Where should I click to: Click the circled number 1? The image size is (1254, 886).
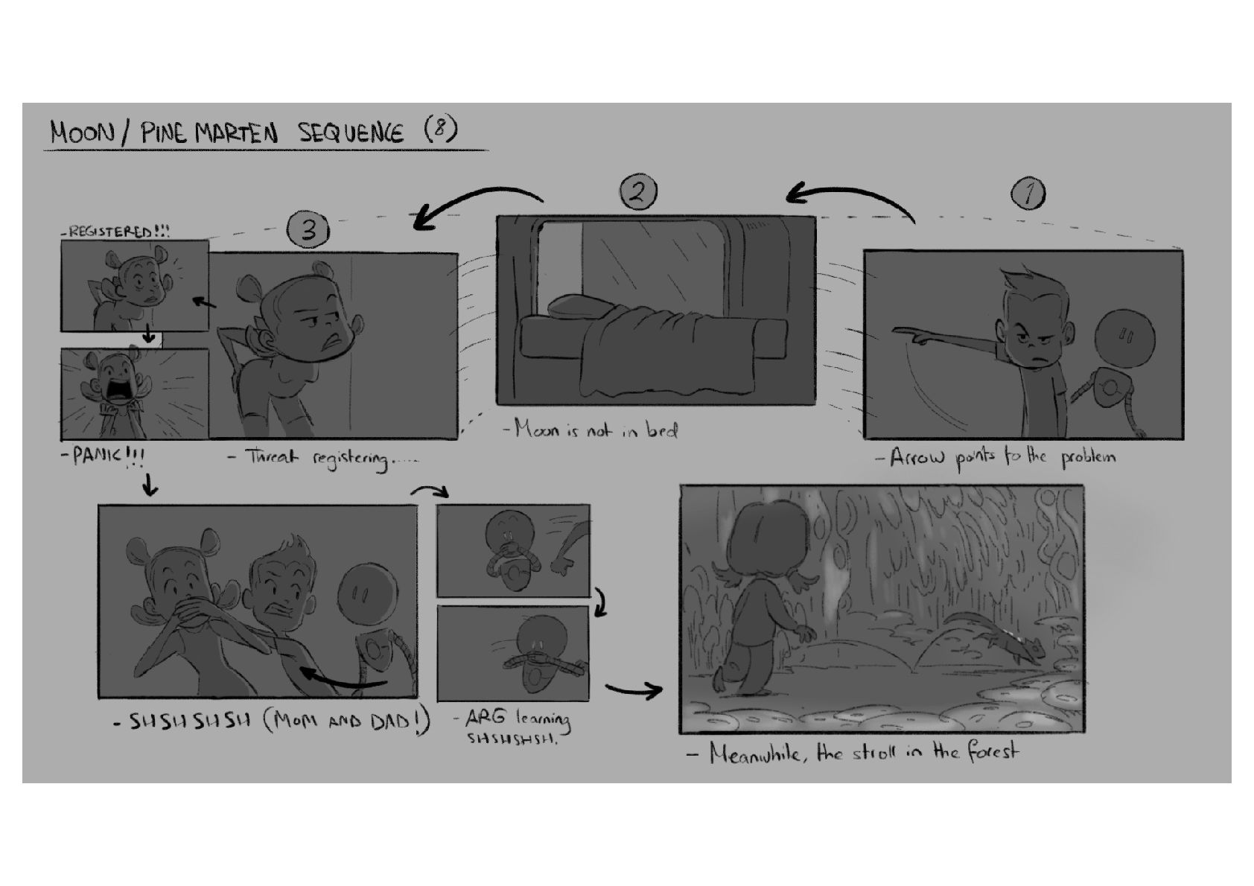(x=1028, y=194)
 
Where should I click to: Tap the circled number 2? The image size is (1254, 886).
(x=638, y=192)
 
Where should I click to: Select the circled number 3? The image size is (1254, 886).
(x=308, y=229)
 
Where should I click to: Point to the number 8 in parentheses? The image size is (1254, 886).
(x=441, y=129)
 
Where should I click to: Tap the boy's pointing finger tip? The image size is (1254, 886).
(x=894, y=331)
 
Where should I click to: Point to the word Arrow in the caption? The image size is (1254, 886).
(x=917, y=457)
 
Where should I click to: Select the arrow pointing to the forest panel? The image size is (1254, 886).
(x=634, y=690)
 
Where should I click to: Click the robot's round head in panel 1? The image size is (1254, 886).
(x=1124, y=339)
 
